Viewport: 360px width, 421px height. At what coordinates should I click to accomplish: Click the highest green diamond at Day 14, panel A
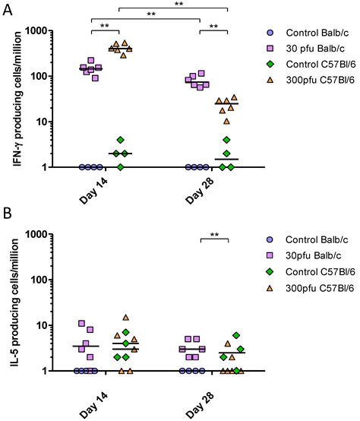120,140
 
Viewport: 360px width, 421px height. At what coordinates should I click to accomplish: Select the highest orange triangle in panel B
126,318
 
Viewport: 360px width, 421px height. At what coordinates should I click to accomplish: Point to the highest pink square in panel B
82,324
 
